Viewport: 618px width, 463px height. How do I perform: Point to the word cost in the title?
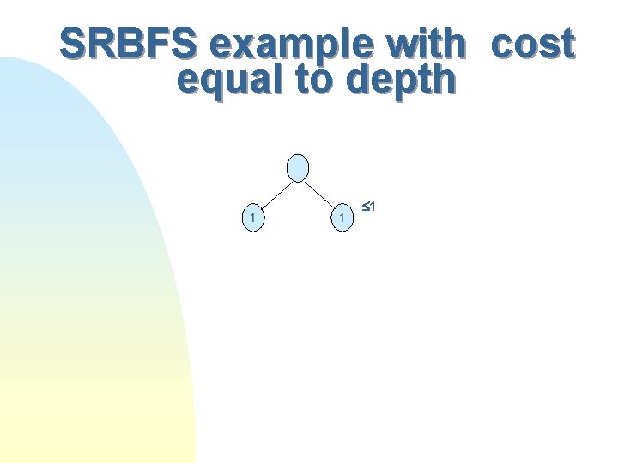532,44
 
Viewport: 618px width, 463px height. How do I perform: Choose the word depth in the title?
401,81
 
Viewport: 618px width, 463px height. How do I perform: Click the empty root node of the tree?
298,168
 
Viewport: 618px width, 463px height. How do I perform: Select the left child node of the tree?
251,219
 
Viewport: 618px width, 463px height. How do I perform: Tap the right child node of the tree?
342,219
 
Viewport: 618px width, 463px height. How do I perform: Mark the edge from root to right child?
320,194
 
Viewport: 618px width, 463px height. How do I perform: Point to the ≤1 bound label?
370,207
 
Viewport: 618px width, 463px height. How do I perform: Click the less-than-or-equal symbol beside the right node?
366,207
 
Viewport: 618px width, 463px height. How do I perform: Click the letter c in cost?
505,45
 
